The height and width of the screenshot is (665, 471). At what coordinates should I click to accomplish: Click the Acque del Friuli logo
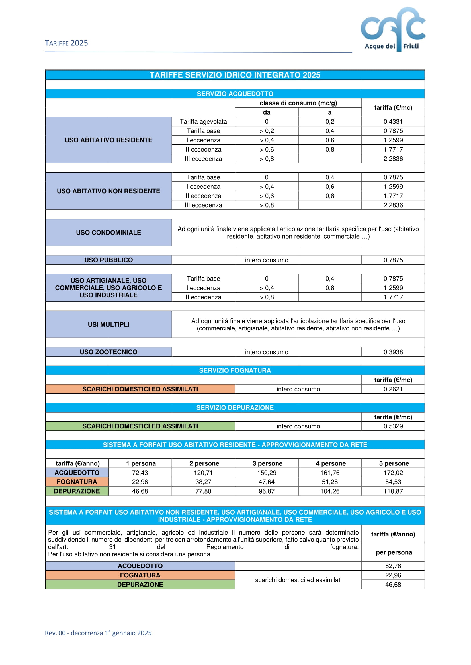pyautogui.click(x=393, y=29)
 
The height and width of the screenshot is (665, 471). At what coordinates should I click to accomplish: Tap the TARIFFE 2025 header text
pyautogui.click(x=66, y=43)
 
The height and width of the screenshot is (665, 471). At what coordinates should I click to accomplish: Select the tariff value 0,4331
pyautogui.click(x=393, y=122)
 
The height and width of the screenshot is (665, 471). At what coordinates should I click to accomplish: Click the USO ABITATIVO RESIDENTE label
pyautogui.click(x=108, y=140)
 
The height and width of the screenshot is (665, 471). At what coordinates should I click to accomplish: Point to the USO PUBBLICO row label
pyautogui.click(x=108, y=260)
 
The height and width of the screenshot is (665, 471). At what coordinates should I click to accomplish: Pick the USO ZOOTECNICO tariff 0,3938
pyautogui.click(x=393, y=352)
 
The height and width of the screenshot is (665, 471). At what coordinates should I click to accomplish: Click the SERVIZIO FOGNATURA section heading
pyautogui.click(x=235, y=370)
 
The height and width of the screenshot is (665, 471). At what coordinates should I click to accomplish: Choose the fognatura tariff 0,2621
pyautogui.click(x=393, y=389)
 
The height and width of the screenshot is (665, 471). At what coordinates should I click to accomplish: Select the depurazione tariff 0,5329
pyautogui.click(x=393, y=426)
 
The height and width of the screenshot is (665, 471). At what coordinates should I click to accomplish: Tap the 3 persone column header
pyautogui.click(x=267, y=463)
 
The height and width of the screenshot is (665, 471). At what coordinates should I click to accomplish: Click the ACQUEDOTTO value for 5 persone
pyautogui.click(x=393, y=473)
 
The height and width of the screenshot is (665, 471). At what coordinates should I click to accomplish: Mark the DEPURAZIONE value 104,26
pyautogui.click(x=330, y=491)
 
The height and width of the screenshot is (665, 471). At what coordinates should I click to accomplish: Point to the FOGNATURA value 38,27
pyautogui.click(x=203, y=482)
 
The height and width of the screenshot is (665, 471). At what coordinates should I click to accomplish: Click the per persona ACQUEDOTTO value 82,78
pyautogui.click(x=393, y=566)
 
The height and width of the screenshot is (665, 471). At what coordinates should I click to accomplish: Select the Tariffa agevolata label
pyautogui.click(x=203, y=122)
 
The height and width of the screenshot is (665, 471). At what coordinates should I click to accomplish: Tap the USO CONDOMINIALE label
pyautogui.click(x=108, y=233)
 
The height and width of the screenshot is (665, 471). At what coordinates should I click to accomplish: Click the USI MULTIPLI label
pyautogui.click(x=108, y=325)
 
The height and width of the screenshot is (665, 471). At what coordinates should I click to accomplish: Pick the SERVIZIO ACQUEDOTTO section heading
pyautogui.click(x=235, y=94)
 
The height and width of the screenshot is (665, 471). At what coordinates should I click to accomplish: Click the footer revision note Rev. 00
pyautogui.click(x=98, y=633)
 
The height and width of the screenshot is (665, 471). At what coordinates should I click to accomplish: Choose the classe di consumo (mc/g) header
pyautogui.click(x=298, y=103)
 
